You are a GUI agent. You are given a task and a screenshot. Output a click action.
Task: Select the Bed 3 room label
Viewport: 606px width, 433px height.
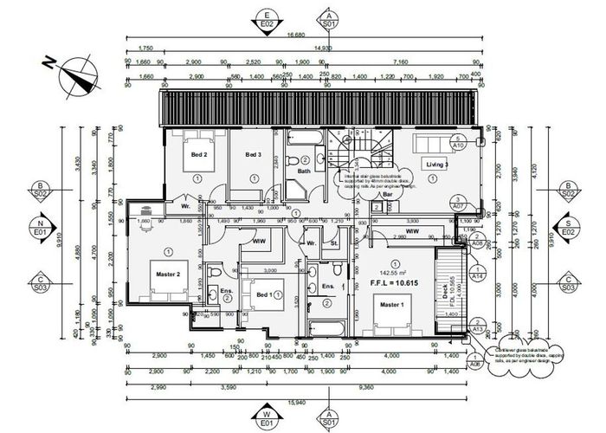253,155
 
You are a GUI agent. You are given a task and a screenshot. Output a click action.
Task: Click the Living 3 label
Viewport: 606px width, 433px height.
435,164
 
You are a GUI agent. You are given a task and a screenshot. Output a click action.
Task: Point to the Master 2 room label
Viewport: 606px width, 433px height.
167,275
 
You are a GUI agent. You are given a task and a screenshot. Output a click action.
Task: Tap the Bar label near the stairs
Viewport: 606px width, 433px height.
388,195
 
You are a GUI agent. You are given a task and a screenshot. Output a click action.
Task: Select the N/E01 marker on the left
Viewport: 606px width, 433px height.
40,229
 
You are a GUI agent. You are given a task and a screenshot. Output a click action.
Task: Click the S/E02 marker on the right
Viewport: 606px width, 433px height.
567,229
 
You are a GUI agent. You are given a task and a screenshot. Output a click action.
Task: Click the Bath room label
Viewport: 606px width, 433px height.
304,171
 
